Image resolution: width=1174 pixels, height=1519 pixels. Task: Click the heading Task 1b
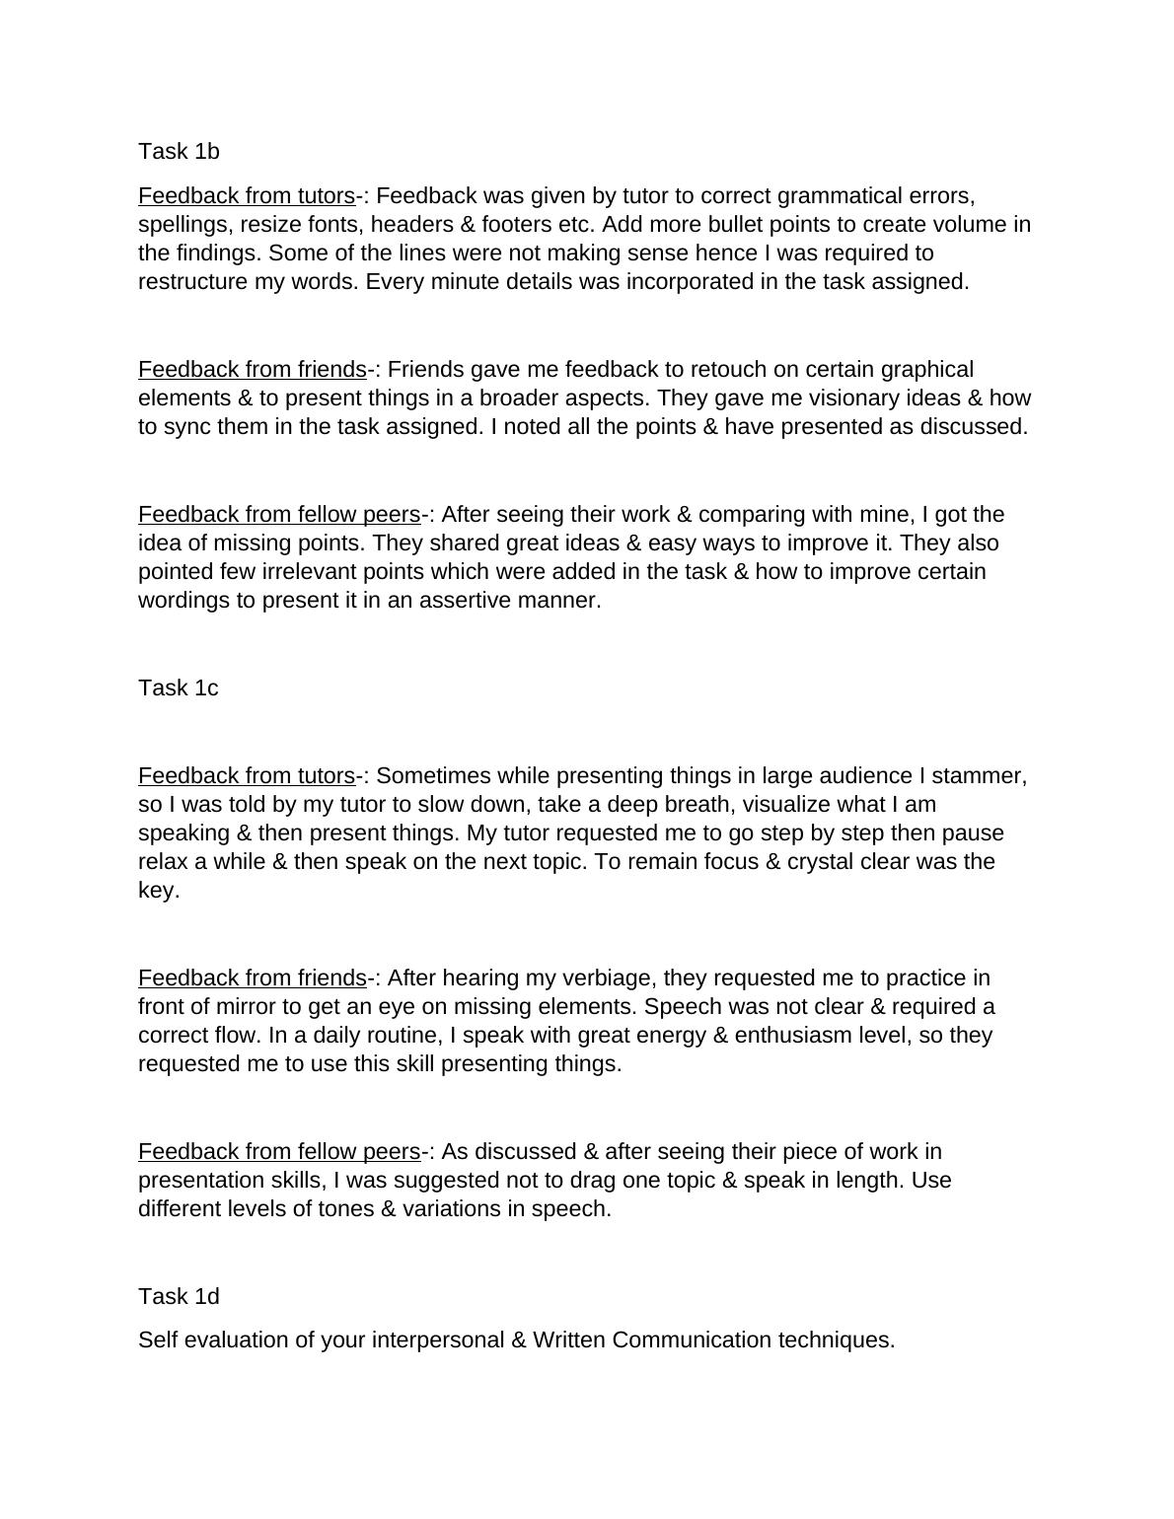[179, 151]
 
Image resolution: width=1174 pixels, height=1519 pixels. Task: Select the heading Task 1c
[179, 687]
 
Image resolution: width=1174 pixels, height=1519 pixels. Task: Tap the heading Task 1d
[179, 1295]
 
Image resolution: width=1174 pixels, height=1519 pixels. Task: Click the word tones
[345, 1208]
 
